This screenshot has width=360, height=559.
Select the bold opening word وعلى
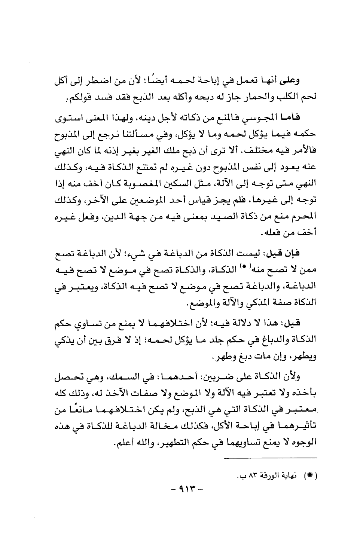(x=308, y=81)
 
